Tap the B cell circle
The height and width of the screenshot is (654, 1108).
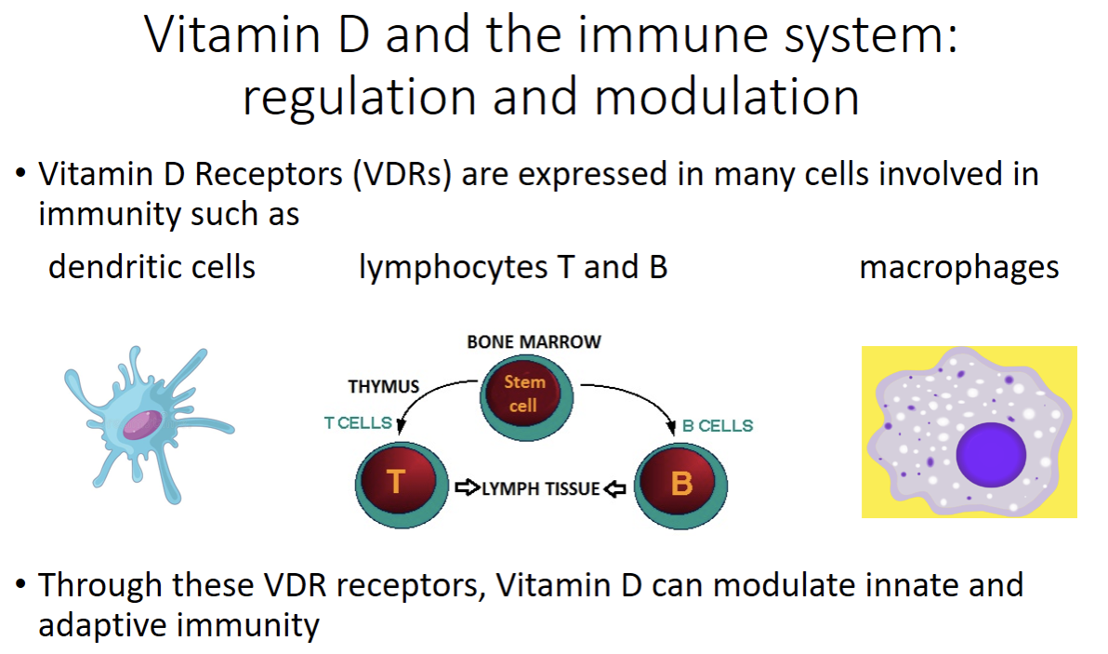point(681,485)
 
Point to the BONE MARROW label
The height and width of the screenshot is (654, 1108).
point(534,341)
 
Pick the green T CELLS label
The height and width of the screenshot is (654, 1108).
point(358,423)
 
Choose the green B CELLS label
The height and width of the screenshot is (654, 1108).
point(717,426)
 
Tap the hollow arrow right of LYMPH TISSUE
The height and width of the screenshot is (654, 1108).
point(615,488)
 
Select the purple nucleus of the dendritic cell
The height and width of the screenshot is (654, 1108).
point(141,425)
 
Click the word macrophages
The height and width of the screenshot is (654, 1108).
point(958,268)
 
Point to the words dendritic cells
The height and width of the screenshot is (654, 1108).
point(152,268)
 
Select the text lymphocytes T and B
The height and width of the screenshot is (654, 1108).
point(513,268)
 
